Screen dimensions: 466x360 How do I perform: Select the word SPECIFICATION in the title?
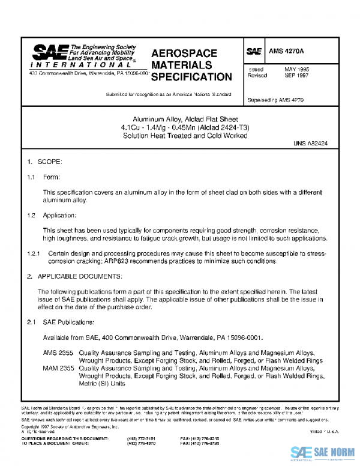pos(191,77)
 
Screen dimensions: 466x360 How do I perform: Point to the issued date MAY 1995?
pos(297,70)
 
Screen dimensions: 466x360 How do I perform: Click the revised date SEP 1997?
pos(297,76)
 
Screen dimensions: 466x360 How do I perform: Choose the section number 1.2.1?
pos(34,254)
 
